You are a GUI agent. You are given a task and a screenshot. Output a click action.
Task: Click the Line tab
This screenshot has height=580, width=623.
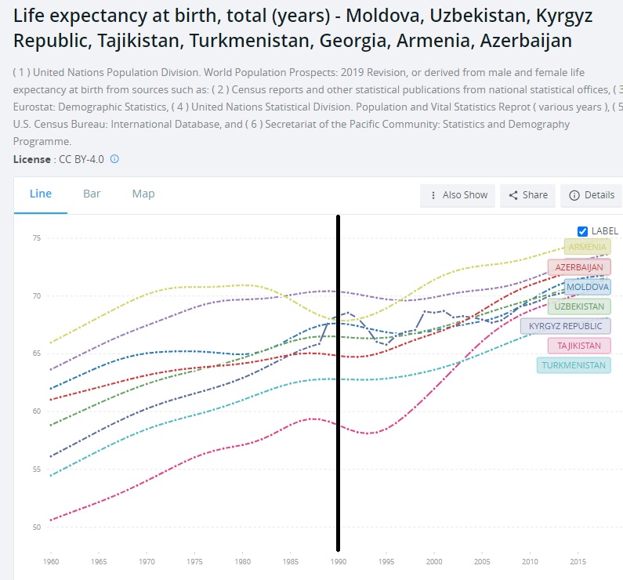[41, 194]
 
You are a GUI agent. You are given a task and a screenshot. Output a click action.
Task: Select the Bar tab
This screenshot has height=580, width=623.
[92, 194]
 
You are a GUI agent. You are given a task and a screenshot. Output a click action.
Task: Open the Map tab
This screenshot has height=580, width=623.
[143, 194]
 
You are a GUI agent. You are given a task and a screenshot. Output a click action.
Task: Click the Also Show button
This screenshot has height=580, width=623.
[458, 195]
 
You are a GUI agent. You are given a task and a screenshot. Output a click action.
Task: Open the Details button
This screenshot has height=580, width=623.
[591, 195]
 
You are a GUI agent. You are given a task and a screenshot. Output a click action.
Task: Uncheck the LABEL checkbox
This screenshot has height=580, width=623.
[582, 231]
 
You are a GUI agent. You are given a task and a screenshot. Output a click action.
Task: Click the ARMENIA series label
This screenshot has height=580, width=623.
[587, 248]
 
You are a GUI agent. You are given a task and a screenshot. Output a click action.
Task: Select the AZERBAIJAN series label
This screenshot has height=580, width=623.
[579, 267]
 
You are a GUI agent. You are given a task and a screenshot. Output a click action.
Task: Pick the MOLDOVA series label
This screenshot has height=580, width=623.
[587, 287]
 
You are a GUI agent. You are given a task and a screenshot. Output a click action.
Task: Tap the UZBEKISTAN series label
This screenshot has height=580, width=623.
[579, 306]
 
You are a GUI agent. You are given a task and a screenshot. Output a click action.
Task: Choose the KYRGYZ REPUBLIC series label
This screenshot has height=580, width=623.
[566, 326]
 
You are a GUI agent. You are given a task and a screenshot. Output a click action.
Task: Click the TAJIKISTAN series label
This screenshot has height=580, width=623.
[579, 346]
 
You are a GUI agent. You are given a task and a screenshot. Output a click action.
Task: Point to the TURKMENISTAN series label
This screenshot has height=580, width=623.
[574, 365]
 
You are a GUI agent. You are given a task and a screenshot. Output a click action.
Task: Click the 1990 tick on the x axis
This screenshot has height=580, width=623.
[338, 562]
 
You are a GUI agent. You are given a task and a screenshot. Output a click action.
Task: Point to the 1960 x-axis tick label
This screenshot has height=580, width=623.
[51, 562]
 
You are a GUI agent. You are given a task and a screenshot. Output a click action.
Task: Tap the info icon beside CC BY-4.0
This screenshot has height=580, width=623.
[114, 159]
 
